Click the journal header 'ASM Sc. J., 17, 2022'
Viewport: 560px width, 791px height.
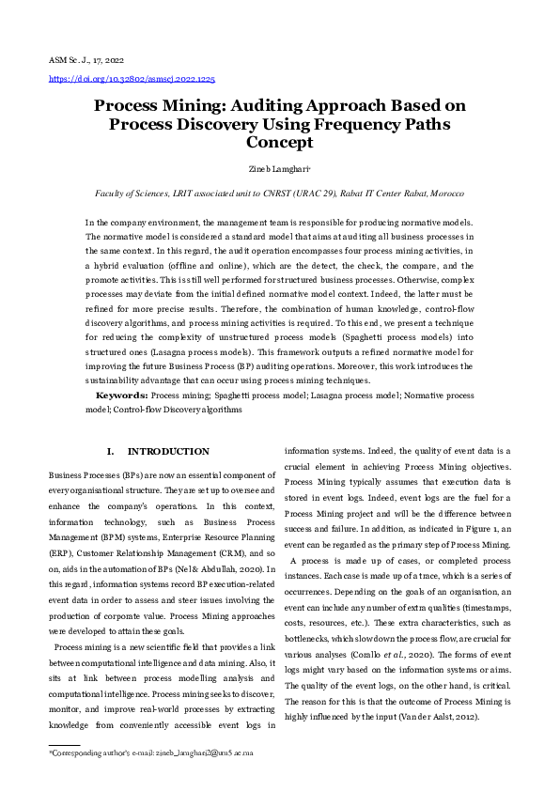click(87, 60)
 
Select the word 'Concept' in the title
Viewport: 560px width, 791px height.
click(279, 143)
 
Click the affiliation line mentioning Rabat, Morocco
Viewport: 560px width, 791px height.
click(279, 193)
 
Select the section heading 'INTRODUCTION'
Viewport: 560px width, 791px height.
click(168, 452)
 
